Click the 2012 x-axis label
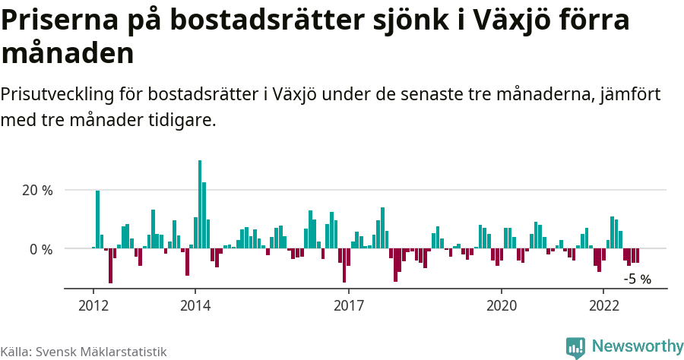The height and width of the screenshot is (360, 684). pos(93,305)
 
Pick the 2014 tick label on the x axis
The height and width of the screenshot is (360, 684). pos(195,305)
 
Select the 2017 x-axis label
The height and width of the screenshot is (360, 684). pos(349,305)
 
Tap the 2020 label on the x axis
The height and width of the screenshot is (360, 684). pos(502,305)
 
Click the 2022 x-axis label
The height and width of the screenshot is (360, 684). pos(603,305)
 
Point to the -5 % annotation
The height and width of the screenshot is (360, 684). pos(637,279)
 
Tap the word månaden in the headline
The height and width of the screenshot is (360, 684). pos(68,54)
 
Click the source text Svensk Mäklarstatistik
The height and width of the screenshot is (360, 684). pos(101,352)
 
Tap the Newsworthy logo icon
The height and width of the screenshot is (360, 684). pos(575,347)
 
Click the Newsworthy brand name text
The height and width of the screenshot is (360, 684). pos(637,346)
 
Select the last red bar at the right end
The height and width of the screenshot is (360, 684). pos(637,255)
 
